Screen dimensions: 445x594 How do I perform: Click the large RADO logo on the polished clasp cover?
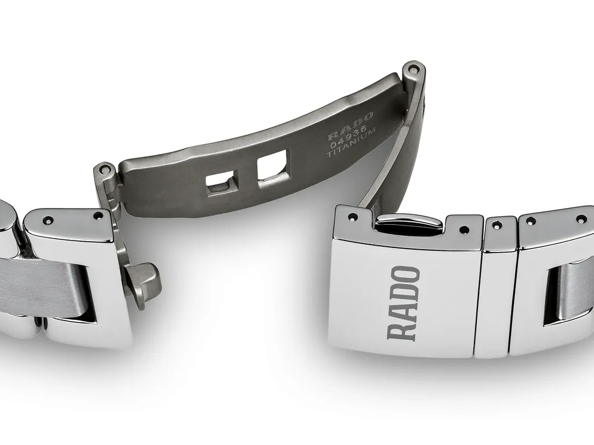click(404, 302)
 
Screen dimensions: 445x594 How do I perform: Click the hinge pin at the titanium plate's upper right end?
click(413, 69)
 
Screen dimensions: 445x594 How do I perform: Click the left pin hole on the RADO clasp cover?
click(353, 218)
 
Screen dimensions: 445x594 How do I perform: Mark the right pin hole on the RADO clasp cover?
click(462, 229)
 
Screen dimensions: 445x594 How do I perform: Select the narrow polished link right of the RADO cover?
click(494, 287)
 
